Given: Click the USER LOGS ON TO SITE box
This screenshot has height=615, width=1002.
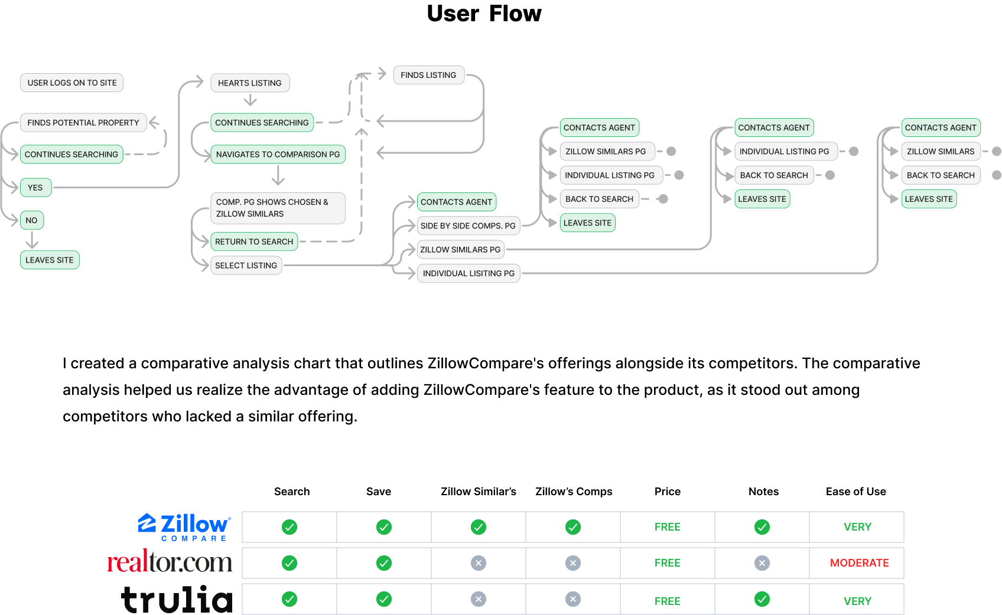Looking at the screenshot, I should click(x=72, y=83).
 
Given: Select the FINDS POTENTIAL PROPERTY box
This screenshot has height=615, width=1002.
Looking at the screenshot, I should click(x=83, y=123).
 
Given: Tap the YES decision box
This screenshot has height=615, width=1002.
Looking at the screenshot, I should click(x=35, y=188).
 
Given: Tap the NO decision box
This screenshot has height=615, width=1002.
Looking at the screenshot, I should click(x=32, y=220).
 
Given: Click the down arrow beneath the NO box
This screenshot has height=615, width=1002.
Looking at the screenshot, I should click(x=32, y=240).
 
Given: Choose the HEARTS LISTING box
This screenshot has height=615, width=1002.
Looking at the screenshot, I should click(x=250, y=83).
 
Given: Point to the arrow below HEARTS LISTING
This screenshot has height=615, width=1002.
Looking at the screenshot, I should click(x=250, y=101).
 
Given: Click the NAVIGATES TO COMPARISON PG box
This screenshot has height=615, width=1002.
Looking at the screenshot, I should click(x=278, y=155).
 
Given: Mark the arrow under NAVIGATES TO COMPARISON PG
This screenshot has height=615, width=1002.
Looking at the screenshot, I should click(x=278, y=175).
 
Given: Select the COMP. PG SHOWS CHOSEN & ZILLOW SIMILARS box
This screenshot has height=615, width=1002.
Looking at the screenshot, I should click(x=278, y=208).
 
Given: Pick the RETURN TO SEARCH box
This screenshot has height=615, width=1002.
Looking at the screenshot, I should click(x=254, y=241).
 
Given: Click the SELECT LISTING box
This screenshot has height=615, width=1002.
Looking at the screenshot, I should click(x=246, y=266).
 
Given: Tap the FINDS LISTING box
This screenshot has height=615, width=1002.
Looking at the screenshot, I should click(x=428, y=75).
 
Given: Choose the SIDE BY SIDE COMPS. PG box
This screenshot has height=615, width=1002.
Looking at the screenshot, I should click(x=468, y=225).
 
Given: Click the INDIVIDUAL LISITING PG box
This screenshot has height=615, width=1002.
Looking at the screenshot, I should click(x=469, y=273).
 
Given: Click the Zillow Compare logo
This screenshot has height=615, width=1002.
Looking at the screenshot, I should click(x=184, y=527).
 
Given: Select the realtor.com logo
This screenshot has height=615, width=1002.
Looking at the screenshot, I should click(x=170, y=562).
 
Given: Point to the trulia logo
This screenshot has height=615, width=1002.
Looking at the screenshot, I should click(x=177, y=599).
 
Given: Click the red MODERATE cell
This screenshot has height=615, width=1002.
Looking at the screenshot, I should click(x=859, y=563).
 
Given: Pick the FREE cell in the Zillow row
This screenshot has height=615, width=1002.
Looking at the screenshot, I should click(x=667, y=527).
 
